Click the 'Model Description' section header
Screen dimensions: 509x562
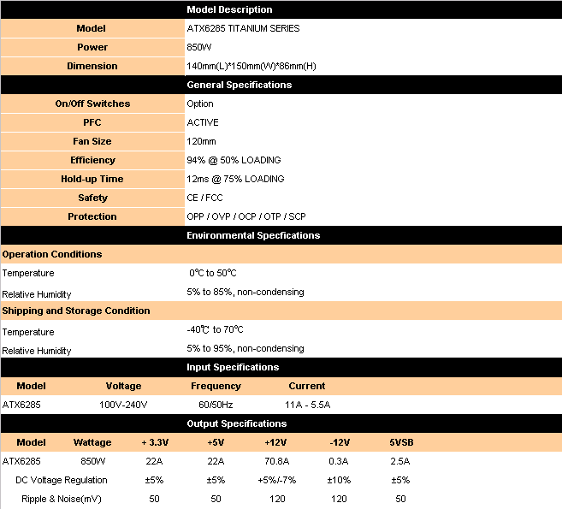229,9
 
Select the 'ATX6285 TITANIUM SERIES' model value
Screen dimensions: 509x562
243,28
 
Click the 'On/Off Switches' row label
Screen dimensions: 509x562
92,104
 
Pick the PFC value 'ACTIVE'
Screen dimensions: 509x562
203,122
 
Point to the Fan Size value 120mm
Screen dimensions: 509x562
202,141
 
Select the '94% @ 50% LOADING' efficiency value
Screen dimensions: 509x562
234,160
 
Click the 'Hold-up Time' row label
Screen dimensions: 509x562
92,179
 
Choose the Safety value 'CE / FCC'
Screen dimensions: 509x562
204,198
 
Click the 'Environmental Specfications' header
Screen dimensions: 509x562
253,235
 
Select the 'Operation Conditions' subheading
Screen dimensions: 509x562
52,254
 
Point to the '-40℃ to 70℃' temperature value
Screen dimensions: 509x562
215,329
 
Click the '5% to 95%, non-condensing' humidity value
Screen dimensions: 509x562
245,348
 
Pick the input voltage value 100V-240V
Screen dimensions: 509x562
123,405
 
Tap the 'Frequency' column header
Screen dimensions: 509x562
216,386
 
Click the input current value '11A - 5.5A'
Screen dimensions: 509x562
307,405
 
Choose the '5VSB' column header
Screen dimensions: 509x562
400,442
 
